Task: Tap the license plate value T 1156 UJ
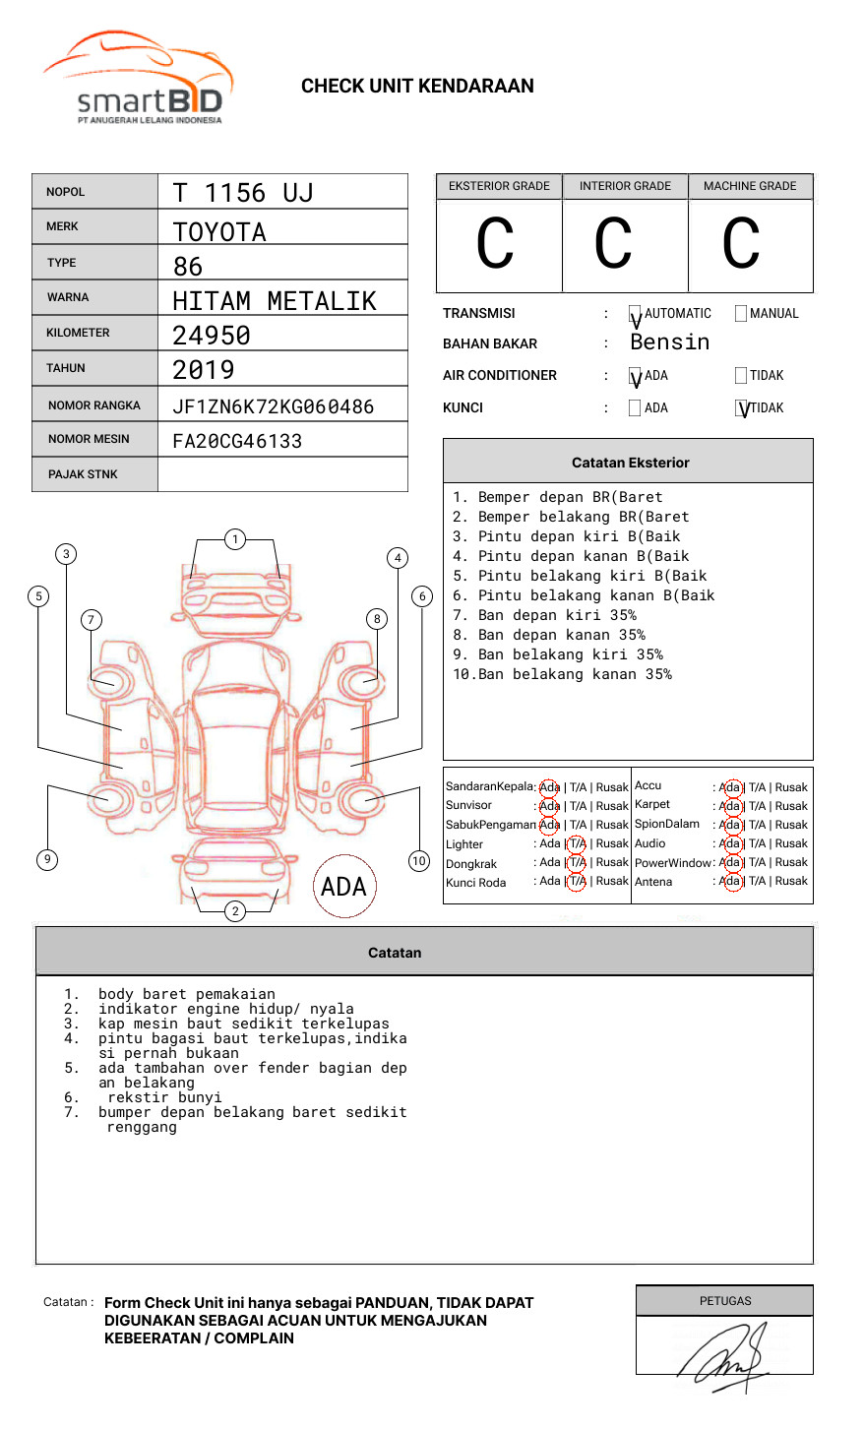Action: coord(242,193)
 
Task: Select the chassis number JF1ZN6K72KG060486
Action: coord(273,406)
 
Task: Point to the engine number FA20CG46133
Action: coord(237,441)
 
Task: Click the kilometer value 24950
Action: coord(212,336)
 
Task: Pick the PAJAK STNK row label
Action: coord(83,474)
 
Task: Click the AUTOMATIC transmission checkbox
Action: coord(636,314)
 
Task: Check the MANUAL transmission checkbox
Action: coord(741,314)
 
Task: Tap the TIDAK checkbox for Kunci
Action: coord(742,408)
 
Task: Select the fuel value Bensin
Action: coord(669,342)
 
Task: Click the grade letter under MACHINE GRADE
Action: coord(741,244)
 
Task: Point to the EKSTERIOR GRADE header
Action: coord(499,186)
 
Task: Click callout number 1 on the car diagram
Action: coord(235,538)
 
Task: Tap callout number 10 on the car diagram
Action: coord(419,861)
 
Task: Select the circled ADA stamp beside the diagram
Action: coord(343,886)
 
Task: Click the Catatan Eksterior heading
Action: coord(630,463)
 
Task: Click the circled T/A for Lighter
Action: coord(577,843)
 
